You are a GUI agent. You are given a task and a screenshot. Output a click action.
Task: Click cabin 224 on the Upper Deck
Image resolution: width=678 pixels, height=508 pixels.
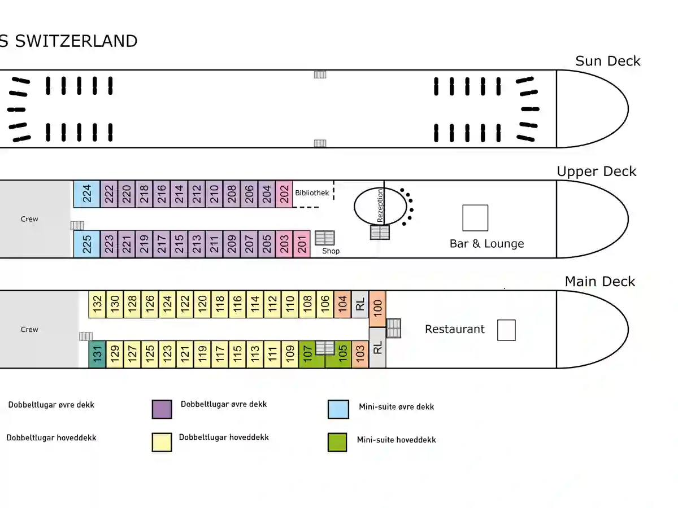point(87,194)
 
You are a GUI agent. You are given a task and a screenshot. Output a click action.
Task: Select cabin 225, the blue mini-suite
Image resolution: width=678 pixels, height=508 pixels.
point(87,244)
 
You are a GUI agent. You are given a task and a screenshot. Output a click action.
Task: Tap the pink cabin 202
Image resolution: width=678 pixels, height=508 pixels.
point(284,194)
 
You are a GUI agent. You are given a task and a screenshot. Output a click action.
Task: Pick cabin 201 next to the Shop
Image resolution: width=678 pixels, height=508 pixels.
point(302,244)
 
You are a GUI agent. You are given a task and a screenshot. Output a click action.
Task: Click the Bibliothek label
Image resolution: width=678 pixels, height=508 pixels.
point(312,193)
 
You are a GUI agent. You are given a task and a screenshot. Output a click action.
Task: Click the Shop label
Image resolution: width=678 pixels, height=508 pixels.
point(331,251)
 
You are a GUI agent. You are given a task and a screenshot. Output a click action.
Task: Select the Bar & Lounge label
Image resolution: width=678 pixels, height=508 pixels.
point(487,244)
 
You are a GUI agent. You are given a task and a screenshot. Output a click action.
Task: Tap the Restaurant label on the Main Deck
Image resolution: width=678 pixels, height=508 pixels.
point(455,329)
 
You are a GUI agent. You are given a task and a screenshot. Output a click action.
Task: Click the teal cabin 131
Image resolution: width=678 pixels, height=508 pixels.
point(97,354)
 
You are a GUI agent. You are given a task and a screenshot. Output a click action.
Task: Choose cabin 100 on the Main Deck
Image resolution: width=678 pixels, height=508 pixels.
point(377,308)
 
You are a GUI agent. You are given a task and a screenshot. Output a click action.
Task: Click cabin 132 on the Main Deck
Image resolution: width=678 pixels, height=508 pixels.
point(97,304)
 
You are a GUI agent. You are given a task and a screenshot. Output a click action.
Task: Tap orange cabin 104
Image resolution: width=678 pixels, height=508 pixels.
point(342,304)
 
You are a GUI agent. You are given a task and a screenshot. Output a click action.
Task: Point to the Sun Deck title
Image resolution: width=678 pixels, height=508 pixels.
point(608,61)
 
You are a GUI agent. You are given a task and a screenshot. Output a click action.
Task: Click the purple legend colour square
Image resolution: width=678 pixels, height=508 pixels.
point(162,409)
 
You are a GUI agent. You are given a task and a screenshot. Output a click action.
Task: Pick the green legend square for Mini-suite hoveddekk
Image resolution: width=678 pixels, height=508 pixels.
point(337,443)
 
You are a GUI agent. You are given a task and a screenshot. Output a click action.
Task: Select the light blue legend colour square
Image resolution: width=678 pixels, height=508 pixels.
point(338,409)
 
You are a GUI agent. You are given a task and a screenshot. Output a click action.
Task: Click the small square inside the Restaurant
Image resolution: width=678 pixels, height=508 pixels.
point(506,330)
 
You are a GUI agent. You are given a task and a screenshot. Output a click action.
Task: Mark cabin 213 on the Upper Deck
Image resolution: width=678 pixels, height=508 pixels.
point(197,244)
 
